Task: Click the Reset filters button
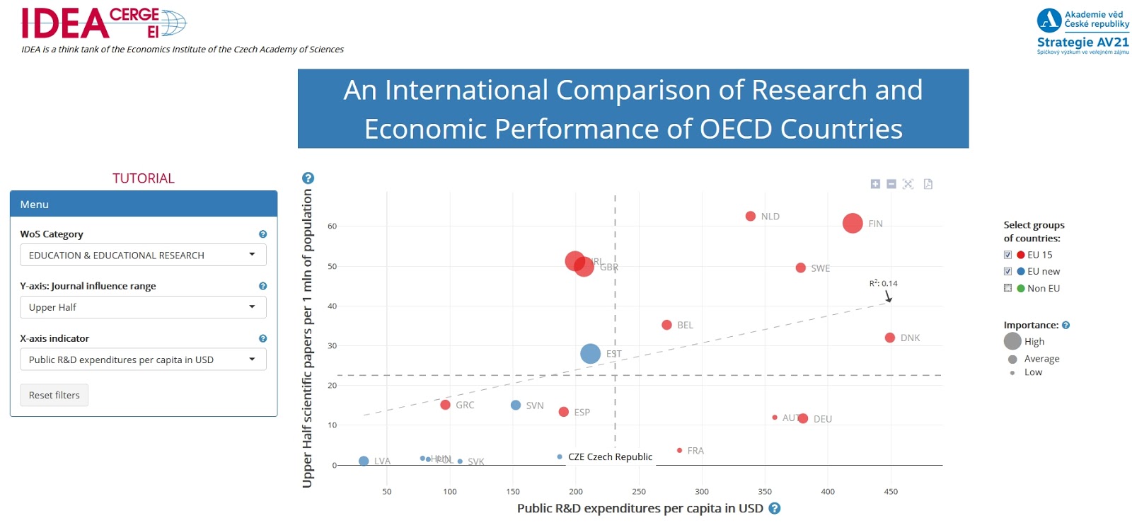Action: click(54, 395)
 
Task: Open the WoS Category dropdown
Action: click(143, 255)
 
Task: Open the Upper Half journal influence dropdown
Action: click(143, 307)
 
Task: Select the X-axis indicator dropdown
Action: click(143, 360)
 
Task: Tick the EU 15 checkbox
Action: click(1007, 255)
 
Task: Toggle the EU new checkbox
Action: click(1007, 271)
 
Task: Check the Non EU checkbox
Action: click(1007, 288)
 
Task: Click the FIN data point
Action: click(853, 223)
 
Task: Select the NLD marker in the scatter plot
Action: click(750, 216)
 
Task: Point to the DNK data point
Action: click(889, 338)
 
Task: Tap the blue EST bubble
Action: click(590, 353)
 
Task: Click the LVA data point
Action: click(364, 461)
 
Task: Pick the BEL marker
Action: click(666, 325)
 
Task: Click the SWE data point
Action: click(800, 268)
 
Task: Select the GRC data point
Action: click(445, 405)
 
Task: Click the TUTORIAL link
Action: click(143, 178)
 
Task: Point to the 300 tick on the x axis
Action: click(702, 491)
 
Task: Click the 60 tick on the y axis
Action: click(332, 226)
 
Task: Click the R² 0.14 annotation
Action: click(883, 283)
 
